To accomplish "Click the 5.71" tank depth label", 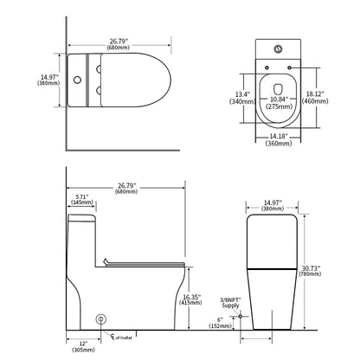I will (x=82, y=196).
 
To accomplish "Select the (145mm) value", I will (x=82, y=203).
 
